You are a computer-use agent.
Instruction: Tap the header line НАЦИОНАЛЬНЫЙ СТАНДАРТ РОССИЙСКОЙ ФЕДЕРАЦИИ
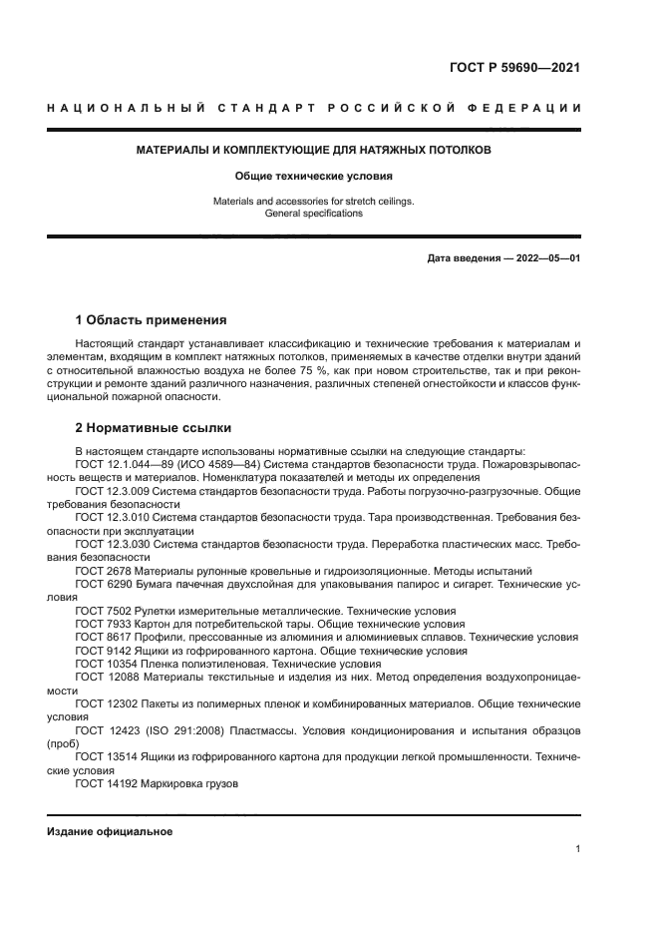tap(314, 108)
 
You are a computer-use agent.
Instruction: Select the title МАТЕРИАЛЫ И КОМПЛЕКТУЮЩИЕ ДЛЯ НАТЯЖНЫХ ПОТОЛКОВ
tap(314, 151)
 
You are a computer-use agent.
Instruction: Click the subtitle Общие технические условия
tap(314, 176)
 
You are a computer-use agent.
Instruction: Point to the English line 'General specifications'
tap(314, 214)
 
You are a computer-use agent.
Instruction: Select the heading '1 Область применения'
tap(152, 321)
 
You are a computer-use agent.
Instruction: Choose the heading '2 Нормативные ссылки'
tap(154, 428)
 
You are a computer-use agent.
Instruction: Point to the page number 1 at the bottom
tap(577, 849)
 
